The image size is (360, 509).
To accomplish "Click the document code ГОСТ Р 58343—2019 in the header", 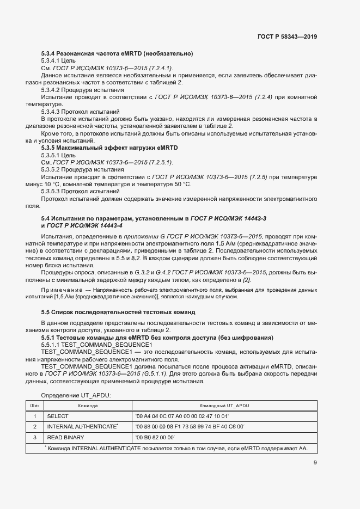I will pyautogui.click(x=287, y=36).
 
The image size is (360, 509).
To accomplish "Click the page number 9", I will pyautogui.click(x=315, y=463).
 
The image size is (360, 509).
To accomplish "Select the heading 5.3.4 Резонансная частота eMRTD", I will pyautogui.click(x=117, y=53).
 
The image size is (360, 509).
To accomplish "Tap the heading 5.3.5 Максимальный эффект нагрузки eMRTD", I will pyautogui.click(x=109, y=148).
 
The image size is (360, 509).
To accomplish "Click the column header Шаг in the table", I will pyautogui.click(x=34, y=406).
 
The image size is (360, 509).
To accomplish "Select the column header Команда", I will pyautogui.click(x=87, y=406).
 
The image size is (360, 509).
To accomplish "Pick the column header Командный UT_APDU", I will pyautogui.click(x=224, y=406).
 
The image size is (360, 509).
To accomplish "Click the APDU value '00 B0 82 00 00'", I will pyautogui.click(x=155, y=437).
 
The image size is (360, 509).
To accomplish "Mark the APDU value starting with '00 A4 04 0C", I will pyautogui.click(x=181, y=416).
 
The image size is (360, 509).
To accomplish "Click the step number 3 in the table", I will pyautogui.click(x=34, y=437).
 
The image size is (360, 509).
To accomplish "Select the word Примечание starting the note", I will pyautogui.click(x=59, y=289).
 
